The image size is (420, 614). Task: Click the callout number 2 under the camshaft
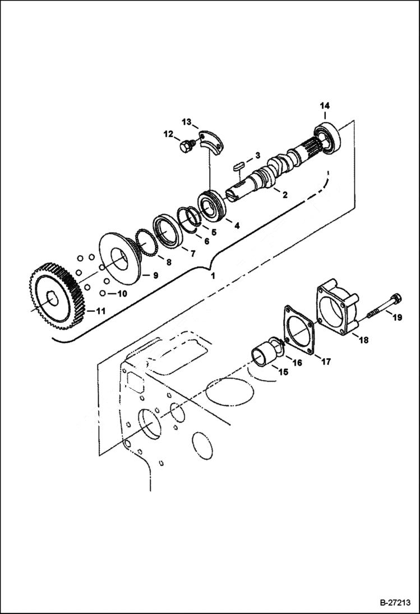pos(285,195)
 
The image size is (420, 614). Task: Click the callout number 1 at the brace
pos(212,276)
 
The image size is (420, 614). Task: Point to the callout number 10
pos(122,293)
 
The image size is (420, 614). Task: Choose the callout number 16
pos(297,363)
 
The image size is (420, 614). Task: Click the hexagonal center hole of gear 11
pos(52,299)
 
